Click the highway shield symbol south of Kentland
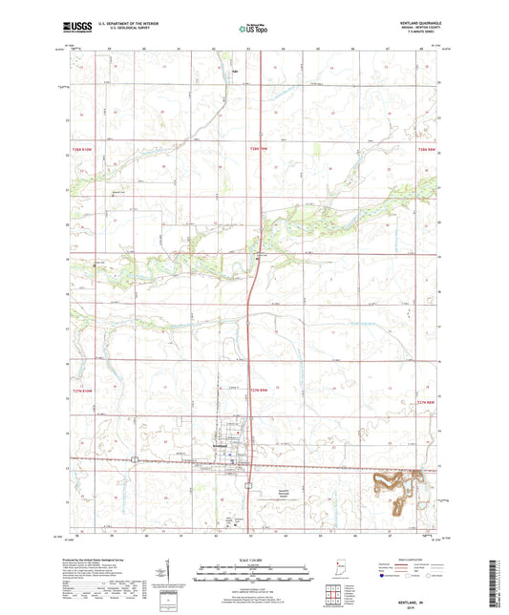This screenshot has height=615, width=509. (x=247, y=485)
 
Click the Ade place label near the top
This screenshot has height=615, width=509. (x=234, y=69)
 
